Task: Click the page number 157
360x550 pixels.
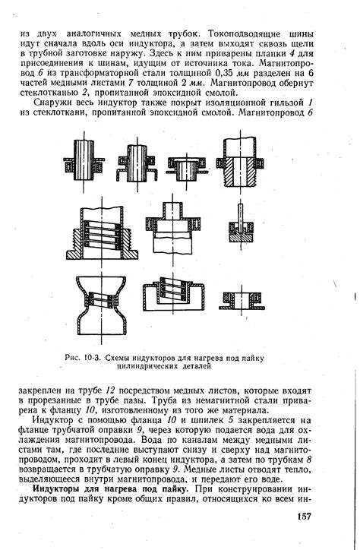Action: click(x=305, y=517)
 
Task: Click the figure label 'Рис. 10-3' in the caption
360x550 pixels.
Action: click(x=83, y=358)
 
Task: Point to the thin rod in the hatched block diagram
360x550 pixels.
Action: click(x=241, y=215)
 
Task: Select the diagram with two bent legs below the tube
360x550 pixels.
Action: click(x=137, y=163)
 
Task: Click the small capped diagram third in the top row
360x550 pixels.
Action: click(x=188, y=167)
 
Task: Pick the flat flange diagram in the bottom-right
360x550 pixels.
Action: click(x=242, y=301)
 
